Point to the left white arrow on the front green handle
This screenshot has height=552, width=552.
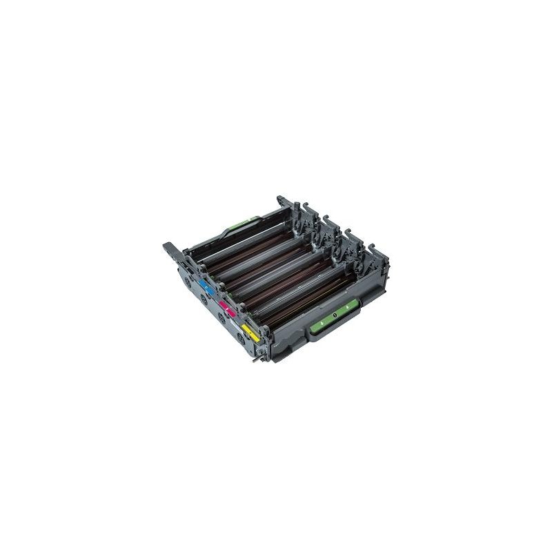coord(323,321)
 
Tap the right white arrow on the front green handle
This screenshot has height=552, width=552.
coord(346,312)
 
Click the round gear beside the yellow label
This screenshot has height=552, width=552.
coord(241,337)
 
